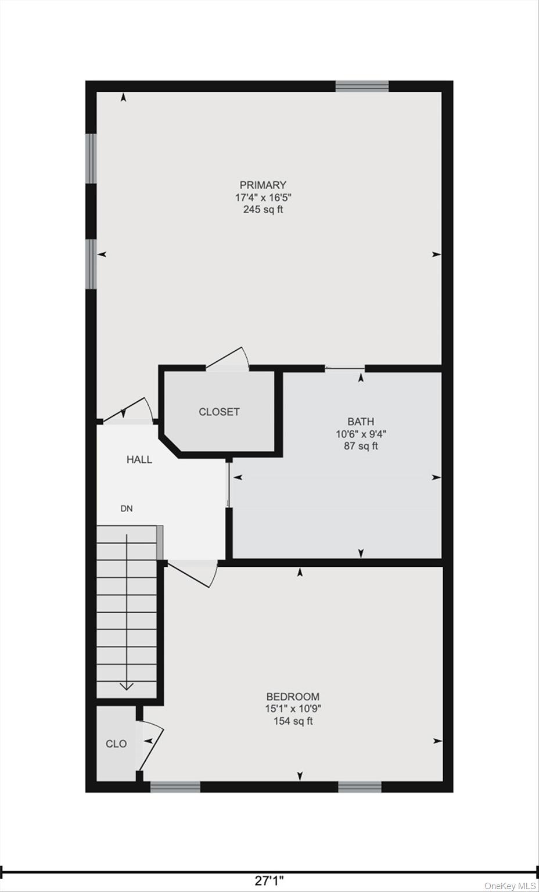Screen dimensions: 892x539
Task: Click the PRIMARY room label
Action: pyautogui.click(x=263, y=185)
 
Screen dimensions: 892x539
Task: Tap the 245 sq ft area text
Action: pyautogui.click(x=263, y=210)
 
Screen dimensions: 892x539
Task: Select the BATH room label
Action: pyautogui.click(x=361, y=422)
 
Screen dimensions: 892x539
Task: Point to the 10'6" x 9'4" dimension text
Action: pyautogui.click(x=361, y=434)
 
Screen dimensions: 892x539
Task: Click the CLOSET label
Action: pyautogui.click(x=219, y=412)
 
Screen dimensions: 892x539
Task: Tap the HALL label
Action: pyautogui.click(x=139, y=459)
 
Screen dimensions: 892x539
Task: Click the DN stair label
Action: pyautogui.click(x=127, y=509)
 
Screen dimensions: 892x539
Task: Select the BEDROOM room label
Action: pyautogui.click(x=293, y=696)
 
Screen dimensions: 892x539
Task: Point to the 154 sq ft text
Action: pyautogui.click(x=293, y=721)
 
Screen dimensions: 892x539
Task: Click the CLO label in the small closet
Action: pyautogui.click(x=116, y=744)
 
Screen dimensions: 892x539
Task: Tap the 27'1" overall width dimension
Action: pyautogui.click(x=269, y=881)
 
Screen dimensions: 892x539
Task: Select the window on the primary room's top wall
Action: pyautogui.click(x=362, y=87)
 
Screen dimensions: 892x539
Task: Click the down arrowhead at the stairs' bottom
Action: pyautogui.click(x=127, y=686)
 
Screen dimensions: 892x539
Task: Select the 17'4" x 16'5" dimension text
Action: pyautogui.click(x=263, y=197)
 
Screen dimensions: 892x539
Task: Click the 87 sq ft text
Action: pyautogui.click(x=361, y=447)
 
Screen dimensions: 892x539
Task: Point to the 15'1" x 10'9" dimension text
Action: pyautogui.click(x=293, y=708)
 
